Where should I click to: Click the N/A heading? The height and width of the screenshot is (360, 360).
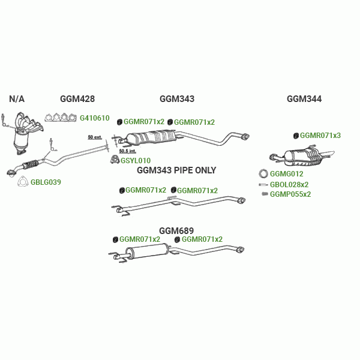[17, 99]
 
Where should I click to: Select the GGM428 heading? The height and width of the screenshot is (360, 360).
[77, 99]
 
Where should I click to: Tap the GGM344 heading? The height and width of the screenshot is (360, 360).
[304, 99]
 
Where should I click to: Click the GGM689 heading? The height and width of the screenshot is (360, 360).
[176, 230]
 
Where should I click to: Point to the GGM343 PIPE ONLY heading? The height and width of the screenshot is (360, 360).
[176, 170]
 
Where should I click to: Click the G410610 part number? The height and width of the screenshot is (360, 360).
[95, 118]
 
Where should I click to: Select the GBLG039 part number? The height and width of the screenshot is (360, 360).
[46, 182]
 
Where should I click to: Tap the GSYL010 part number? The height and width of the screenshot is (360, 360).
[136, 161]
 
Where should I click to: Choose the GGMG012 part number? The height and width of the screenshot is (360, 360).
[286, 174]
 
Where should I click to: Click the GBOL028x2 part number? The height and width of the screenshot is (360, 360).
[289, 184]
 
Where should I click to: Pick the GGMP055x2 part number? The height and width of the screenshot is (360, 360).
[290, 194]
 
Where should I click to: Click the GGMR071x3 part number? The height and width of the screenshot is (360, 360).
[320, 136]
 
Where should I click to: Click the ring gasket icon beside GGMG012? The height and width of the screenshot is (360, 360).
[263, 174]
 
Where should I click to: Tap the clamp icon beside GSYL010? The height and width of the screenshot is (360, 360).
[114, 160]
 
